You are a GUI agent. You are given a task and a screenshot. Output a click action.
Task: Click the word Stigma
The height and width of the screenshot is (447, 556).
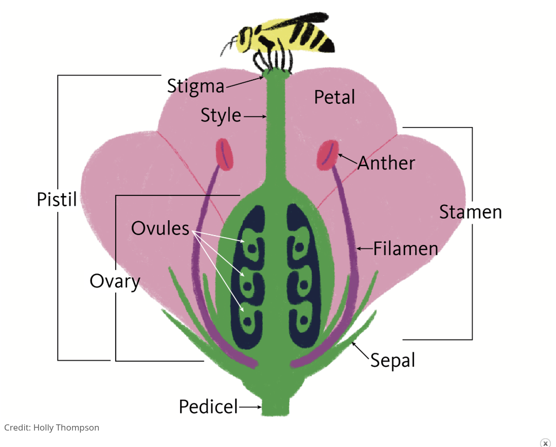(196, 86)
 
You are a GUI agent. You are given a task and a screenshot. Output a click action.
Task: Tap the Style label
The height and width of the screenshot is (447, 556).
(221, 116)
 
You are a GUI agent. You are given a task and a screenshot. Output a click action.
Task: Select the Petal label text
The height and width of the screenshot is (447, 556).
(334, 97)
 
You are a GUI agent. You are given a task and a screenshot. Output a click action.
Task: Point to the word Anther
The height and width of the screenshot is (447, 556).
(386, 163)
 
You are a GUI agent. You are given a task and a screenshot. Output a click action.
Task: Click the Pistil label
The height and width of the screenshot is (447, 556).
(57, 200)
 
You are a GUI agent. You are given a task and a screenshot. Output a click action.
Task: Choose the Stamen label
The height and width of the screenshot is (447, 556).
(470, 212)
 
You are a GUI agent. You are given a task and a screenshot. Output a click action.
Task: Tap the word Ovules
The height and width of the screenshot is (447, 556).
(160, 228)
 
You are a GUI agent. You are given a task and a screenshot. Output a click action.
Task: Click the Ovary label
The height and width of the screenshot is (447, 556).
(115, 281)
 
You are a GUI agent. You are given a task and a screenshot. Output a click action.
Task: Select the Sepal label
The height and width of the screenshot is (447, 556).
(392, 360)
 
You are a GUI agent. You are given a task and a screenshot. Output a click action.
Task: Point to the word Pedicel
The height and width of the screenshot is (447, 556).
(208, 407)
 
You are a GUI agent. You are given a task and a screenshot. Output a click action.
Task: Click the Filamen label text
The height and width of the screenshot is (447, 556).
(406, 249)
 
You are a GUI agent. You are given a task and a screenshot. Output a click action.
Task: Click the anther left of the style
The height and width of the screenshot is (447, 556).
(225, 154)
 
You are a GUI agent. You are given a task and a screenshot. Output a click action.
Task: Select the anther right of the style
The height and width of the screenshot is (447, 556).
(327, 154)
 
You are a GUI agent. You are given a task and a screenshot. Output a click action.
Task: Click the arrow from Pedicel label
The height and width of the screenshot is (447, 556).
(250, 407)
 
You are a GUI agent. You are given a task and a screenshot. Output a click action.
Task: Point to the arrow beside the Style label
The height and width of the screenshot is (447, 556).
(255, 117)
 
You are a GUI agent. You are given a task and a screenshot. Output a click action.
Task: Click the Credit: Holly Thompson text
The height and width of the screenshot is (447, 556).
(51, 427)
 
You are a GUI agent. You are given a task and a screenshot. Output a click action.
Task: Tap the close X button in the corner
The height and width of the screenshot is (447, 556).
(545, 443)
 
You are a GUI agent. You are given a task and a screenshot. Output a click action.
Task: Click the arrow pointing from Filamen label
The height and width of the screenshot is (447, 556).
(365, 249)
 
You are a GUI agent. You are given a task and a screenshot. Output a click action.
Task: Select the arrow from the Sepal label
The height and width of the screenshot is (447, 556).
(360, 349)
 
